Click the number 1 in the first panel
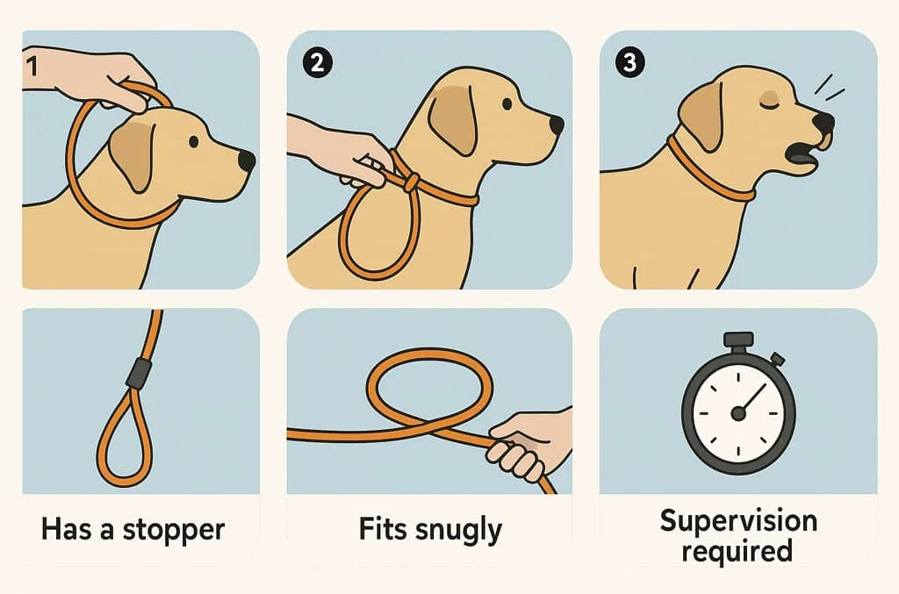coord(32,67)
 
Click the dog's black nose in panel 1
coord(247,161)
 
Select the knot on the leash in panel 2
coord(409,183)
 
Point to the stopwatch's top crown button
coord(738,340)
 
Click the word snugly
coord(459,531)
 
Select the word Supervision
coord(737,520)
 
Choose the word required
coord(737,552)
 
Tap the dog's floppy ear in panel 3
coord(701,114)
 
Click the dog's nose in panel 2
coord(556,125)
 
